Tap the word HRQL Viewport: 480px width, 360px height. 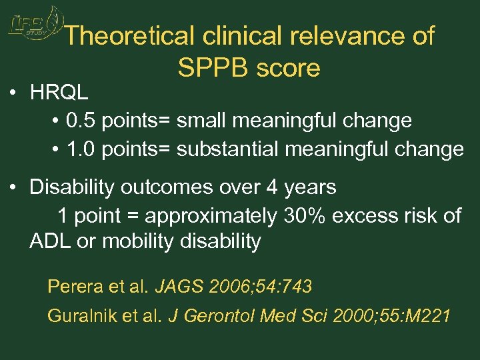click(x=59, y=93)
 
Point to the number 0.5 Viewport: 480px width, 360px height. click(x=79, y=121)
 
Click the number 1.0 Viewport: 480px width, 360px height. click(x=79, y=149)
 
